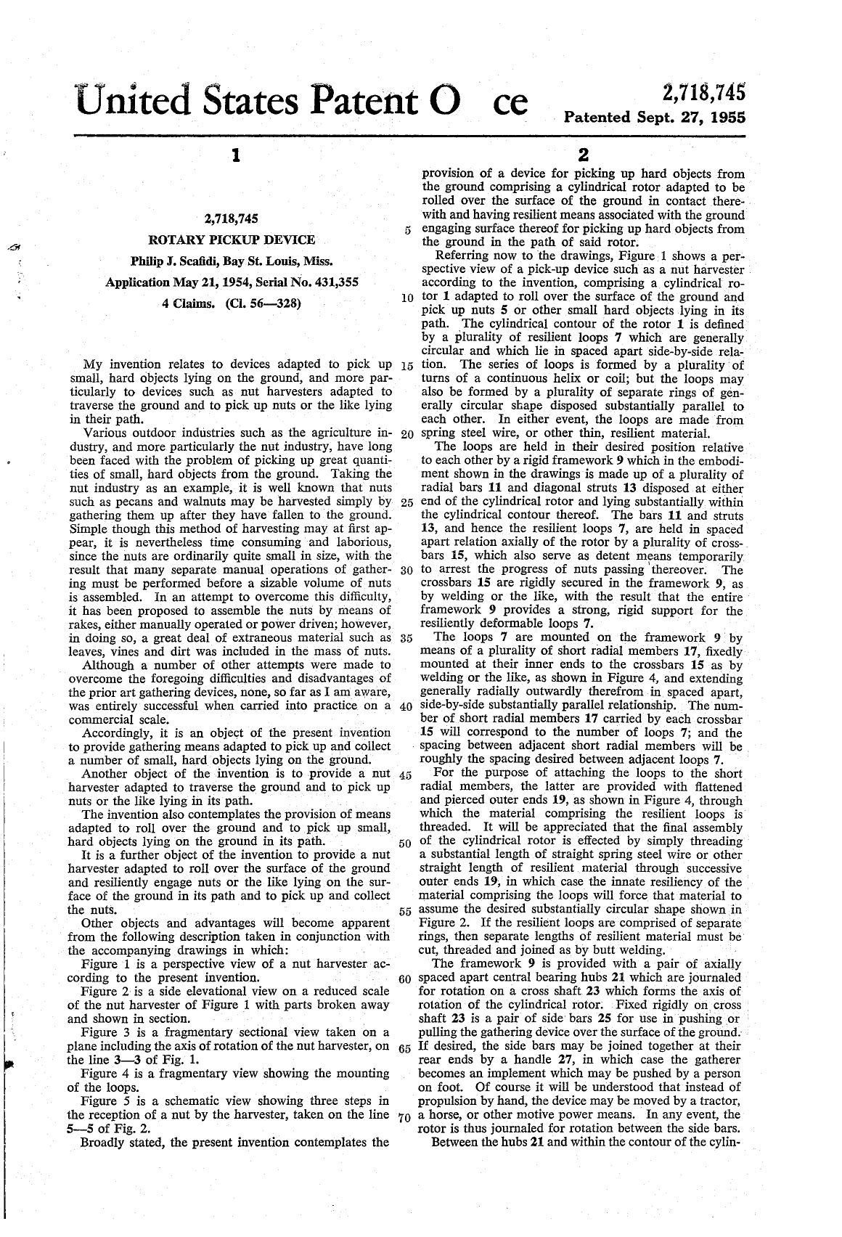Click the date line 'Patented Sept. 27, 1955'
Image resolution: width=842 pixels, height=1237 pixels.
tap(655, 117)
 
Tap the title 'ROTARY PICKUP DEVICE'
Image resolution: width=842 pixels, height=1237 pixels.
tap(232, 240)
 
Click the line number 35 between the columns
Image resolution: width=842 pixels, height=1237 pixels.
tap(406, 640)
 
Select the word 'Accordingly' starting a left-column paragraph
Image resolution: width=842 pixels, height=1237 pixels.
tap(116, 733)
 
